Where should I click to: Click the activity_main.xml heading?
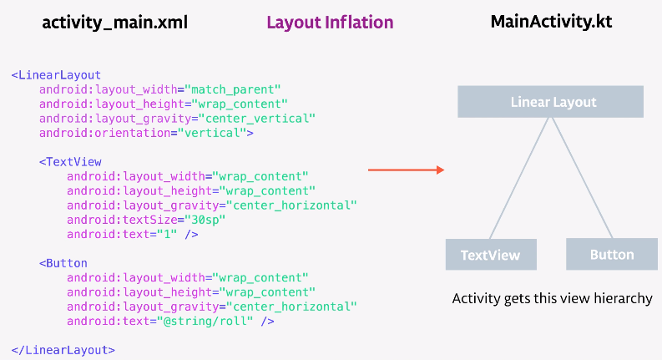114,23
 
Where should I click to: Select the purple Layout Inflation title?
330,23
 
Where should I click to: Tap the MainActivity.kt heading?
551,22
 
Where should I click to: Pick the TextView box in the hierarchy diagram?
490,255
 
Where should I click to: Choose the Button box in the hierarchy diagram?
611,254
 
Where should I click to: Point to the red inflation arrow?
406,170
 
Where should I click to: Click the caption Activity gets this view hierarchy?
552,298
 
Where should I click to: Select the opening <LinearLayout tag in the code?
56,75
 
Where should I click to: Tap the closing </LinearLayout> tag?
63,350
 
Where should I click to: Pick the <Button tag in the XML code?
63,263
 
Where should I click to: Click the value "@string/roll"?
220,321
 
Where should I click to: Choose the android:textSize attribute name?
117,219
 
